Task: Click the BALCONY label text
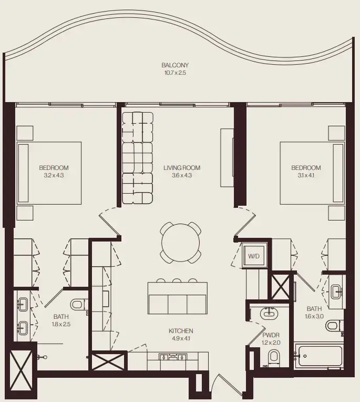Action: [x=175, y=65]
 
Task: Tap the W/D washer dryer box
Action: [x=254, y=256]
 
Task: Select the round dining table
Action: [x=181, y=243]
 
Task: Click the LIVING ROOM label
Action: [x=182, y=168]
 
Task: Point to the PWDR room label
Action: [x=272, y=335]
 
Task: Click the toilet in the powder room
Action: [x=273, y=358]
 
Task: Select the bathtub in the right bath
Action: [x=319, y=358]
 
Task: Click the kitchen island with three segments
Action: [x=178, y=298]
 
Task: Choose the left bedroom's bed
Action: [x=50, y=173]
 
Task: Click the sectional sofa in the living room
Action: [x=138, y=158]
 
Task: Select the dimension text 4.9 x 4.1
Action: [x=181, y=338]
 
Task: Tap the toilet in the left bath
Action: [x=77, y=304]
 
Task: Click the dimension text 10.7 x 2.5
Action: [x=175, y=73]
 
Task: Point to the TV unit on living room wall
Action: [x=226, y=157]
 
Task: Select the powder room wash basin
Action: [x=270, y=314]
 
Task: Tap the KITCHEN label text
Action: [x=181, y=331]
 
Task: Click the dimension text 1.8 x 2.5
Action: [x=61, y=325]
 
